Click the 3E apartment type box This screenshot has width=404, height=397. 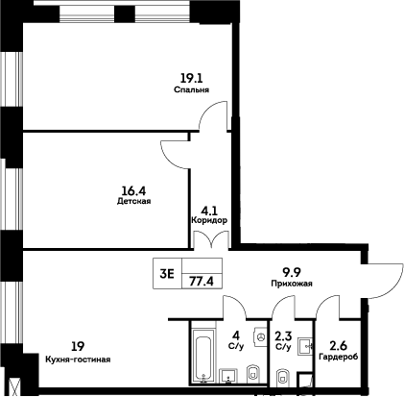point(165,273)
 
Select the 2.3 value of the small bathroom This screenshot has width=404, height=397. point(283,337)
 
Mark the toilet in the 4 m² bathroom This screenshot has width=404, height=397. point(252,373)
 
